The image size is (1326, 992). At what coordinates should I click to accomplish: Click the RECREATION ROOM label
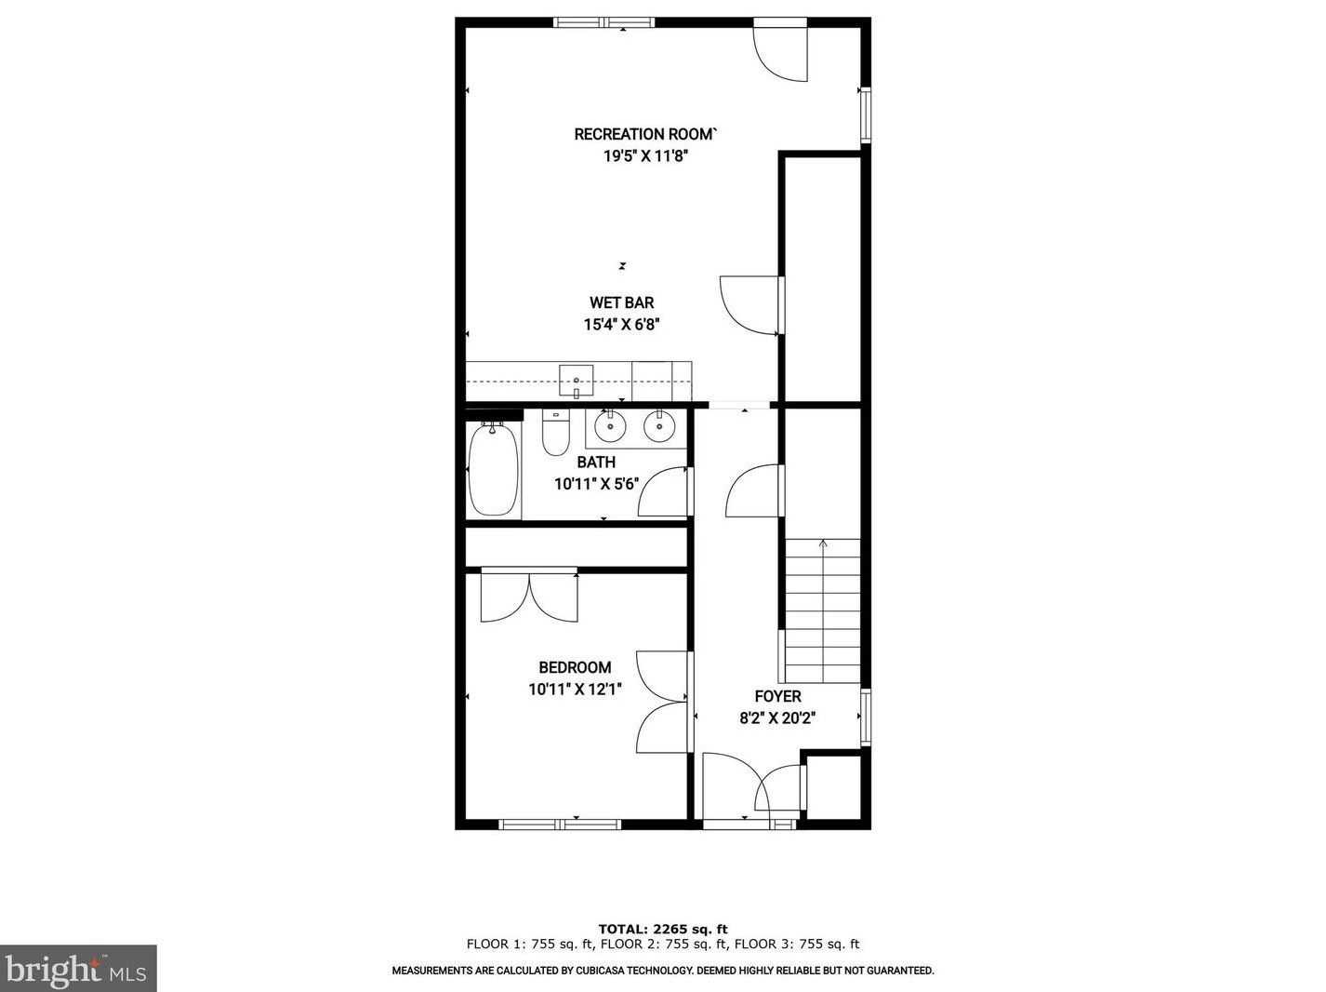click(645, 134)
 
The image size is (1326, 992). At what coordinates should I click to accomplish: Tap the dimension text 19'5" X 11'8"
click(645, 156)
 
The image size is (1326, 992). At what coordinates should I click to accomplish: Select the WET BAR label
click(621, 302)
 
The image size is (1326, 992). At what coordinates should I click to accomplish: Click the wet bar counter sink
click(577, 380)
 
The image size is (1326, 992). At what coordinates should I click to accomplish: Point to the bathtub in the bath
click(493, 470)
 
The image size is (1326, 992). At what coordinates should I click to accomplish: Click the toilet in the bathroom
click(556, 434)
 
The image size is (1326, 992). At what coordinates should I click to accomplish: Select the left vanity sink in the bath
click(610, 428)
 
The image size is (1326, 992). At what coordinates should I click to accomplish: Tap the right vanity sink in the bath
click(659, 428)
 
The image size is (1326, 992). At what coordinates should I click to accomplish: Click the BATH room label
click(596, 462)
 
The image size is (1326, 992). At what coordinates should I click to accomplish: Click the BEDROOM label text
click(575, 667)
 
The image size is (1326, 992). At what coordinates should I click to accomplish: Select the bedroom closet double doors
click(529, 597)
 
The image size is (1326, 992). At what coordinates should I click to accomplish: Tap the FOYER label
click(777, 696)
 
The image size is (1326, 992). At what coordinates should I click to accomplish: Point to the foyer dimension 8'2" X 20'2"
click(777, 718)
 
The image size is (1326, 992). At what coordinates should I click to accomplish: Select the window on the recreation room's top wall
click(604, 22)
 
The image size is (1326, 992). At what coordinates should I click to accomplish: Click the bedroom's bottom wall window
click(560, 824)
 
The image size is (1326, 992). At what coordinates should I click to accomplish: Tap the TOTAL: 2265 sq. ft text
click(662, 929)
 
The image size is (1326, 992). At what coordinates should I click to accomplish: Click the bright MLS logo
click(78, 970)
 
